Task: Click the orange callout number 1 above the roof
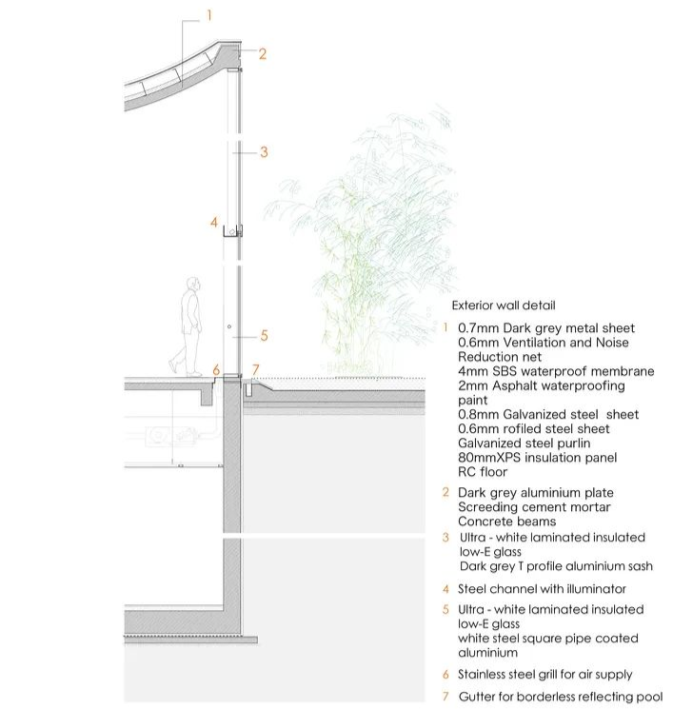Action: [x=208, y=14]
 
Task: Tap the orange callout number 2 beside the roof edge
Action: [x=262, y=54]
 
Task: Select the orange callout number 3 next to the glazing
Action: [x=264, y=151]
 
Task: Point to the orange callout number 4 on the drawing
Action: [x=214, y=223]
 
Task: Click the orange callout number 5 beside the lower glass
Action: [x=264, y=335]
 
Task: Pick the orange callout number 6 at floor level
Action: [x=216, y=369]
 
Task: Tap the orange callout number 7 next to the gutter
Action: [x=255, y=369]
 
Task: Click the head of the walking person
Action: [x=193, y=284]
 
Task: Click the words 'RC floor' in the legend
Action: [x=483, y=472]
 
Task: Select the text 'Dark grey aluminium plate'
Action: [x=535, y=493]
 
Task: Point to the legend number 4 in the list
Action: [x=445, y=589]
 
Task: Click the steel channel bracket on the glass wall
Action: [x=232, y=230]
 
